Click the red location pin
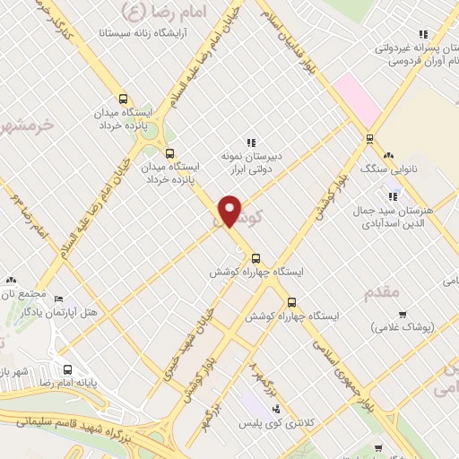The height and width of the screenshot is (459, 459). tap(230, 210)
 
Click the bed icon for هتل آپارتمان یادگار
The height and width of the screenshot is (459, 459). tap(59, 299)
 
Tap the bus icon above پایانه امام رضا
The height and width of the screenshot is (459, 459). tap(68, 368)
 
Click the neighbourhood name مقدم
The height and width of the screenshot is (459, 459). tap(384, 292)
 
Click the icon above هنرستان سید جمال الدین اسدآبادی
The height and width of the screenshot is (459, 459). tap(392, 196)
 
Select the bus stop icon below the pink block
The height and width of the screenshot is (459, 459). tap(369, 138)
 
